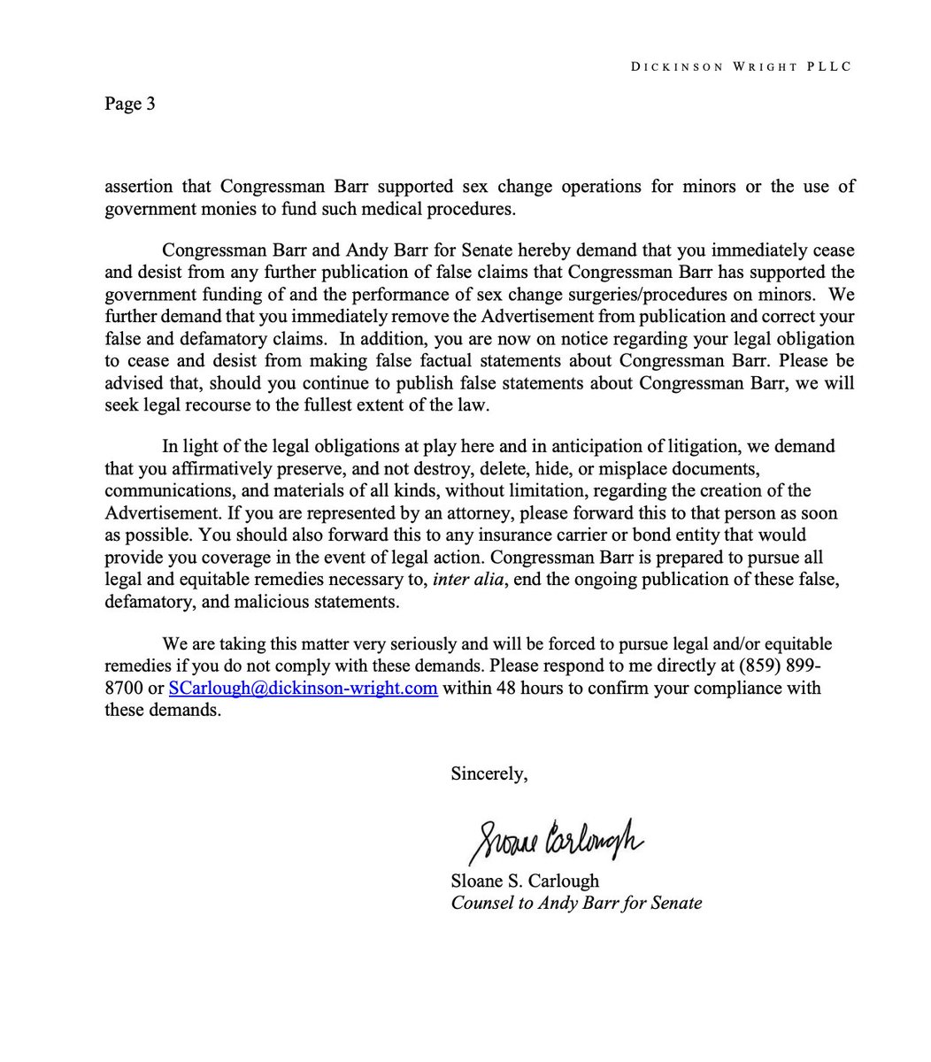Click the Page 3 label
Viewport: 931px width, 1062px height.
(x=130, y=104)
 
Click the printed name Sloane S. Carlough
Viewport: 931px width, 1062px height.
(x=524, y=881)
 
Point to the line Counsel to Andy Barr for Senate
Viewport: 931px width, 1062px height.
(x=576, y=904)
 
